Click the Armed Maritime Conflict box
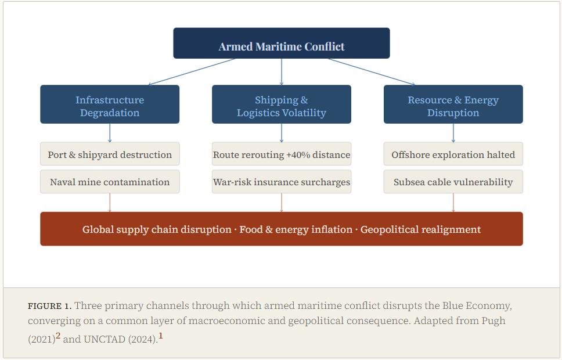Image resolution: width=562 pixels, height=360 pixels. click(282, 43)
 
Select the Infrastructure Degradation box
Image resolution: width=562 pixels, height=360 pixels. click(110, 105)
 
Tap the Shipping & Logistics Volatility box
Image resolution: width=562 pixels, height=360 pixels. click(282, 105)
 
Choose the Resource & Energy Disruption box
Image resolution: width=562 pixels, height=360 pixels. click(453, 105)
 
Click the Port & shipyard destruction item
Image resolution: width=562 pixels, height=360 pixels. click(110, 154)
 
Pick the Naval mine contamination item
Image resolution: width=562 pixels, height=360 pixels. click(110, 182)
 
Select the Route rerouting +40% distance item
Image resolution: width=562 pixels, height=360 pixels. click(282, 154)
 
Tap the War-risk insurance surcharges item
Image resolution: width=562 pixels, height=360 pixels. click(282, 182)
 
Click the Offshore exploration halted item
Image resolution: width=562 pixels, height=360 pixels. click(453, 154)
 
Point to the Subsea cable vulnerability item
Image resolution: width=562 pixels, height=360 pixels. click(453, 182)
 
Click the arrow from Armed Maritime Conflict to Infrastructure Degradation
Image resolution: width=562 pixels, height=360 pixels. click(192, 72)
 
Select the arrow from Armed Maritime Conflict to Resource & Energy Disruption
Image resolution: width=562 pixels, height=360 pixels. click(372, 72)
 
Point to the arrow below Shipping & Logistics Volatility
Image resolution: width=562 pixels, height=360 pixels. click(282, 133)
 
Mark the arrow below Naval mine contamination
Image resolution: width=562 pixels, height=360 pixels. click(110, 203)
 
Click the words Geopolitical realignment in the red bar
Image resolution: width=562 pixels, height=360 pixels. click(420, 229)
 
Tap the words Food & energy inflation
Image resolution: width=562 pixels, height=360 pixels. click(296, 229)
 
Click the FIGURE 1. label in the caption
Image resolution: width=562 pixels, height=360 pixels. click(49, 306)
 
